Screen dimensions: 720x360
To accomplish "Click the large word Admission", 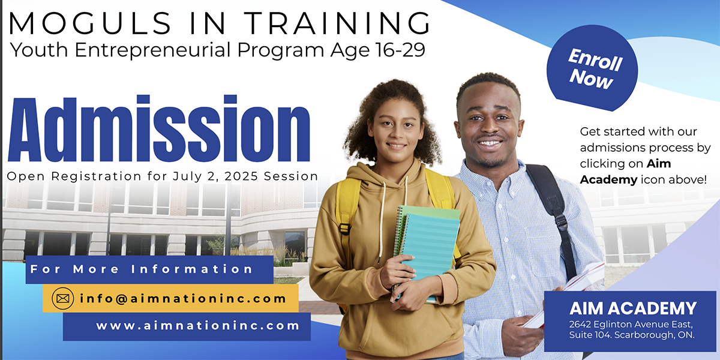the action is tap(159, 128).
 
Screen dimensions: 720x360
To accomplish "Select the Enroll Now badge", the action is tap(592, 68).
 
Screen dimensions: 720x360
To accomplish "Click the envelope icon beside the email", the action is tap(62, 299).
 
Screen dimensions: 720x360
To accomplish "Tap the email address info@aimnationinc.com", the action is tap(182, 299).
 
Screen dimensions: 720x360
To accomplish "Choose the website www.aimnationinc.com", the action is tap(197, 326).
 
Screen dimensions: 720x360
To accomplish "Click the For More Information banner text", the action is tap(141, 269).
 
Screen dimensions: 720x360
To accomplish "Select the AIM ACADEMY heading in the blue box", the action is tap(633, 308).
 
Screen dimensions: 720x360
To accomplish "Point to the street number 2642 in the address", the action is tap(580, 324).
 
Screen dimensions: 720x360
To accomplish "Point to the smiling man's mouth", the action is tap(489, 143).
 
